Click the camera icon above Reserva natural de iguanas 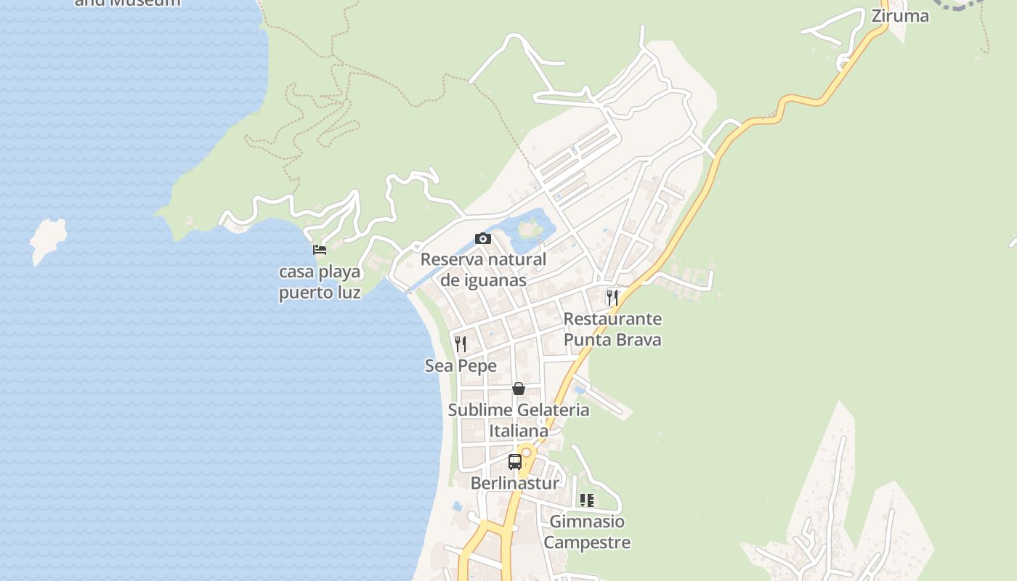(x=482, y=238)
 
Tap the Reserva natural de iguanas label (x=483, y=269)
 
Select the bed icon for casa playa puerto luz (x=320, y=251)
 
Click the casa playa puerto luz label (x=320, y=283)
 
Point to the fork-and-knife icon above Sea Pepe (x=461, y=344)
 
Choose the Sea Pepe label (x=461, y=366)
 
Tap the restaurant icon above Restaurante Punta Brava (x=612, y=297)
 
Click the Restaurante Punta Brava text (x=612, y=329)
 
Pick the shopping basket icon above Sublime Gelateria (x=518, y=389)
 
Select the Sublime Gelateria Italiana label (x=518, y=420)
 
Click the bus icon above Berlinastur (x=515, y=461)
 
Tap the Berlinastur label (x=515, y=484)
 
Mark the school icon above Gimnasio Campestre (x=587, y=500)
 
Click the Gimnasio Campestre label (x=587, y=532)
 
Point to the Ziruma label (x=900, y=16)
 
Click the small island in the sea (x=48, y=239)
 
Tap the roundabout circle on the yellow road (x=527, y=452)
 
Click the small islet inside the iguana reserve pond (x=529, y=229)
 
